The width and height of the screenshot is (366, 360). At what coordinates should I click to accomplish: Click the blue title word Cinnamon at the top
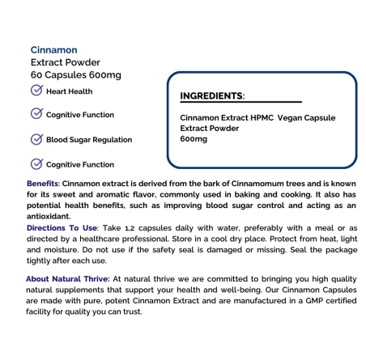tap(53, 49)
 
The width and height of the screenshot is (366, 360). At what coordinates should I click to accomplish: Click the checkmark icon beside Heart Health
tap(36, 91)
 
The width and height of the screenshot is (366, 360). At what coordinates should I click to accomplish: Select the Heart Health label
tap(70, 91)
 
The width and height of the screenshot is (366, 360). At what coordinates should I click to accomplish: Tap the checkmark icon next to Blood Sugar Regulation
tap(36, 139)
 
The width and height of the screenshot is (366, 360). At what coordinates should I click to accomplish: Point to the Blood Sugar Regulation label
tap(89, 140)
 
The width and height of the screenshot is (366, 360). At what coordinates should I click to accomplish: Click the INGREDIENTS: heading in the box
tap(212, 95)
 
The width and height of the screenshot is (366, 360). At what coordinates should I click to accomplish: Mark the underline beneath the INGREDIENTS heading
tap(240, 103)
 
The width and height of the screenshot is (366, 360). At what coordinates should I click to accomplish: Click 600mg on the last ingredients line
tap(194, 139)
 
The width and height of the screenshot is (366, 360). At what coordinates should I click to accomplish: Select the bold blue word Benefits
tap(42, 184)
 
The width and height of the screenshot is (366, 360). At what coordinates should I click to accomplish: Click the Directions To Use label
tap(62, 229)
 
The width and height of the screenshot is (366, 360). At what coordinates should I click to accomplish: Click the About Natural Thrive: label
tap(68, 278)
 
